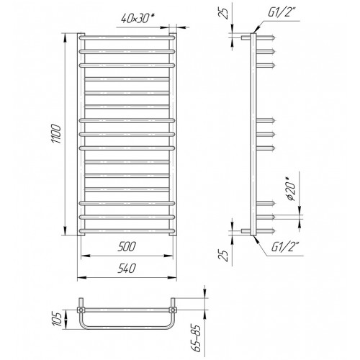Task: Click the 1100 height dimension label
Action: [x=57, y=134]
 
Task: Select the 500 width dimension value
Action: [x=127, y=246]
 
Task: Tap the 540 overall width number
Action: [x=127, y=269]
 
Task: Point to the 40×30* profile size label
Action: [x=138, y=18]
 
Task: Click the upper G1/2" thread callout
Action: [x=281, y=12]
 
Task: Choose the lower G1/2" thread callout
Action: [x=284, y=247]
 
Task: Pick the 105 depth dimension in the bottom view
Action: [x=57, y=319]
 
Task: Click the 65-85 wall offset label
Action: [x=197, y=338]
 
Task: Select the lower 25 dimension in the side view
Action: [x=223, y=256]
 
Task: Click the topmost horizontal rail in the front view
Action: [x=127, y=37]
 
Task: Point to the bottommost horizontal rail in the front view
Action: [x=127, y=231]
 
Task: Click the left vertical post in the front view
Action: [x=81, y=135]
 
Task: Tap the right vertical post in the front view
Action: [x=173, y=135]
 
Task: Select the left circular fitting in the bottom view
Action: [x=81, y=310]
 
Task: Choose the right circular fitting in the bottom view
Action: [x=173, y=310]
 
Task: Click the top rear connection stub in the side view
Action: [x=246, y=37]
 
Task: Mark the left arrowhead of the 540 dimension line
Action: [x=82, y=278]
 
